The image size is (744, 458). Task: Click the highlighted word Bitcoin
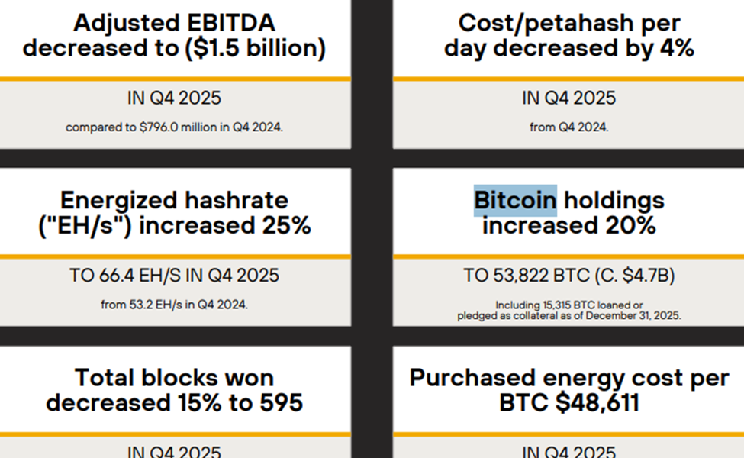pyautogui.click(x=515, y=201)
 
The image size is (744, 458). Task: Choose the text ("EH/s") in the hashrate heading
pyautogui.click(x=84, y=226)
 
